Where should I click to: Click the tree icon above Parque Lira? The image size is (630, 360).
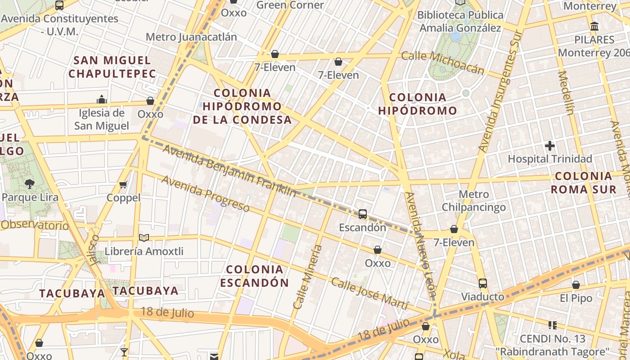click(30, 184)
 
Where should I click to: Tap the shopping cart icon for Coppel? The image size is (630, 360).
click(123, 184)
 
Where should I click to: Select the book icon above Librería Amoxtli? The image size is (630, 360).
click(144, 238)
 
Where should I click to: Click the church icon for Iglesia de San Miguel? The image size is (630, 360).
click(102, 99)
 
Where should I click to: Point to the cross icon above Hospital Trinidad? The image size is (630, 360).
click(549, 146)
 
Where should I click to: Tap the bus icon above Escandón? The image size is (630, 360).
click(362, 214)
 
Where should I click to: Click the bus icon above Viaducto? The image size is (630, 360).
click(482, 283)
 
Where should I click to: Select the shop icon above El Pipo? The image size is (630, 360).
click(576, 285)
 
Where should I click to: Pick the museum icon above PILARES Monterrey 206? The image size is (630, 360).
click(594, 26)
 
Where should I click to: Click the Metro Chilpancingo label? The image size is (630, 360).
click(473, 201)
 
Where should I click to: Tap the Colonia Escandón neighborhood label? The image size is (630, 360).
click(255, 276)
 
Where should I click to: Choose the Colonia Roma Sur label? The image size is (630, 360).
click(584, 182)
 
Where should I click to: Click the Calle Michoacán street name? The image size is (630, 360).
click(442, 63)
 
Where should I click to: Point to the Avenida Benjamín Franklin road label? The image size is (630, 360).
click(229, 171)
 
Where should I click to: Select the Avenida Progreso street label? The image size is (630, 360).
click(205, 193)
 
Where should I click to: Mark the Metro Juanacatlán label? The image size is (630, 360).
click(191, 37)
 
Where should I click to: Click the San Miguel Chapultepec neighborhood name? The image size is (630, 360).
click(112, 67)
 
